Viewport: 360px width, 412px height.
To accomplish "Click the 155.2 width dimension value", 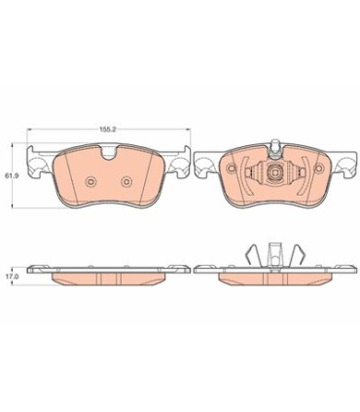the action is pos(108,129).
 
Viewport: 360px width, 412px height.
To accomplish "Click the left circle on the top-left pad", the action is pos(90,182).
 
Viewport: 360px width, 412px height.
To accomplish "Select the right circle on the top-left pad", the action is pos(126,182).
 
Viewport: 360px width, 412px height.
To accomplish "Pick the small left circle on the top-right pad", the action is pos(231,169).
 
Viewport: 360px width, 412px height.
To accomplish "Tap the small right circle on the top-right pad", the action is pos(320,169).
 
